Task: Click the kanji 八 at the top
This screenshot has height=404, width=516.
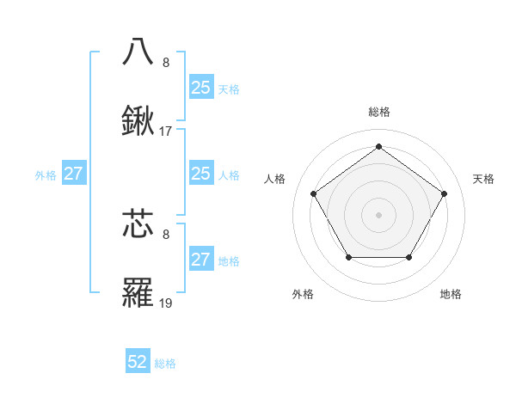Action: point(138,51)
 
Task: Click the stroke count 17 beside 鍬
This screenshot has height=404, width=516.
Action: point(166,132)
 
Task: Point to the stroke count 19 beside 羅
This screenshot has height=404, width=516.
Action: point(166,304)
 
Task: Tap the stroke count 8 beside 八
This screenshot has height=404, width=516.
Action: point(166,62)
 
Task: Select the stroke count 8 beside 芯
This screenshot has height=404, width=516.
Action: point(166,233)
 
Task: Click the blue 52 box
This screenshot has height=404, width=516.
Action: point(138,363)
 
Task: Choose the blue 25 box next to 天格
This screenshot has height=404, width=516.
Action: point(200,88)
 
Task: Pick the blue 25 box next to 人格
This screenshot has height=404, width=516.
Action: point(200,174)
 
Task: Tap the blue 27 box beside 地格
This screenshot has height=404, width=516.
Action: point(200,260)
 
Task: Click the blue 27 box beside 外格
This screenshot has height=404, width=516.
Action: point(74,174)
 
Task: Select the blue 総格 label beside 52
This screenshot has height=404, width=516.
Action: point(165,364)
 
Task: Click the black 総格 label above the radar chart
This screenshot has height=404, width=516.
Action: point(378,112)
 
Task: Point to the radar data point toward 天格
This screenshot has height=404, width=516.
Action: point(444,193)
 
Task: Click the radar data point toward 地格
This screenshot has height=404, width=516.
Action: point(408,257)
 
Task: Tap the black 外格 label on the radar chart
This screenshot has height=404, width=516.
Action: point(303,294)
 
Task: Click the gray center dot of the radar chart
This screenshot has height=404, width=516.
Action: point(378,214)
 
